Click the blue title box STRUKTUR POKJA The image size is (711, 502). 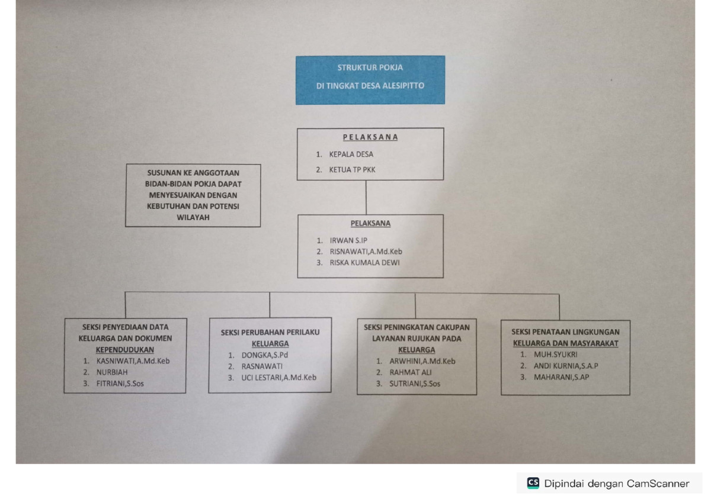(x=370, y=79)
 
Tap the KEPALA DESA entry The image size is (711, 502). (x=351, y=155)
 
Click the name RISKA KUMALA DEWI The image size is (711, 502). (x=364, y=262)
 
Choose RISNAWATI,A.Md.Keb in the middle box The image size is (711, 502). (x=366, y=251)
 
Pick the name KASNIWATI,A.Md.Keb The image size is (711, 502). (x=133, y=361)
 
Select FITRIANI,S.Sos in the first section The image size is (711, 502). (x=120, y=384)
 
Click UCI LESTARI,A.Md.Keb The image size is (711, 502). (x=278, y=377)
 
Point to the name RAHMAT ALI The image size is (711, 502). (x=410, y=372)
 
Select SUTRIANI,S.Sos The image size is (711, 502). (x=415, y=384)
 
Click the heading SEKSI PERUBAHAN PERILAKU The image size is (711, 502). (x=270, y=333)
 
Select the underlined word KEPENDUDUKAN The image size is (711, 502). (x=125, y=349)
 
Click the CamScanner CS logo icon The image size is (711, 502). (x=533, y=483)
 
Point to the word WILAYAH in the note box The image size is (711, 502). (x=193, y=217)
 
